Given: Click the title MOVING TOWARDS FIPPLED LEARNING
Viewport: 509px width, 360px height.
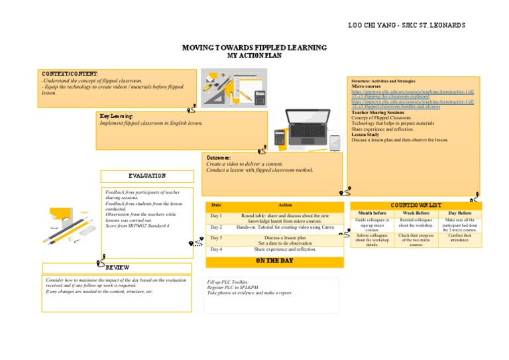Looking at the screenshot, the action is click(254, 48).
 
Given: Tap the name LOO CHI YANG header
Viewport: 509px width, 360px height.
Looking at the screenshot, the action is click(406, 25).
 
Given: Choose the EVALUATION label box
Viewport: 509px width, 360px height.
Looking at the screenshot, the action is click(147, 176).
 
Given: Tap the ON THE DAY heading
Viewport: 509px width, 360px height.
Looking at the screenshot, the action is click(274, 261).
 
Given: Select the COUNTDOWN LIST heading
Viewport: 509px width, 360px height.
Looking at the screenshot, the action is click(416, 206).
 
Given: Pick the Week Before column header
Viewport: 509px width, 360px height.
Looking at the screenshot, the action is click(416, 213).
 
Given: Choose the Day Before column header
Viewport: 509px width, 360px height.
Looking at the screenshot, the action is click(460, 213).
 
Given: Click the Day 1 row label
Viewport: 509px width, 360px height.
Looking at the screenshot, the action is click(216, 216).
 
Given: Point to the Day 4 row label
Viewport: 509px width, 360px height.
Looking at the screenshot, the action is click(216, 249).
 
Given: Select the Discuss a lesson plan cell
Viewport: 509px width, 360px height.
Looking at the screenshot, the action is click(285, 237).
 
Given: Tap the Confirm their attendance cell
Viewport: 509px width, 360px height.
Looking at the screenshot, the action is click(460, 238).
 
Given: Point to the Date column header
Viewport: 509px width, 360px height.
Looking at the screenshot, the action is click(216, 205).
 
